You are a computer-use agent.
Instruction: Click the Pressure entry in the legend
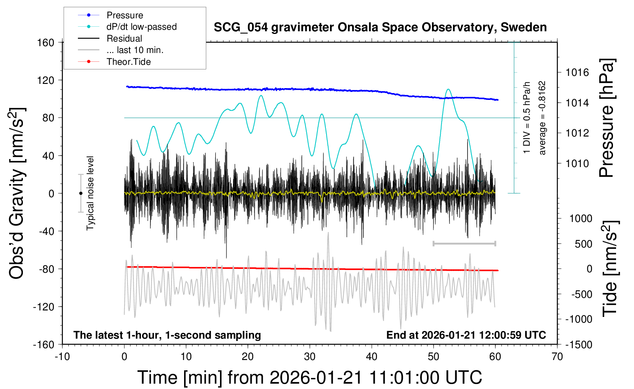coord(125,15)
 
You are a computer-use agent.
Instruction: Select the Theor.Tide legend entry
coord(128,62)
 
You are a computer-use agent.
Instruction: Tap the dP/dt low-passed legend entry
coord(141,27)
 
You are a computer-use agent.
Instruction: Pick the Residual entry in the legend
coord(124,39)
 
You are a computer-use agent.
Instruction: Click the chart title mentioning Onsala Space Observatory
coord(380,27)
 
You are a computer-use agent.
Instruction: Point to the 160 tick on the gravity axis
coord(46,42)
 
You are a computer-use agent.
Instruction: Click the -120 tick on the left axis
coord(44,307)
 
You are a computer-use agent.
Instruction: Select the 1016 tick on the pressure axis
coord(577,72)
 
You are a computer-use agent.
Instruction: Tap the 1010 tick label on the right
coord(577,163)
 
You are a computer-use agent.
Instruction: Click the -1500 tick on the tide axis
coord(579,344)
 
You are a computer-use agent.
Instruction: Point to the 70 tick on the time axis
coord(557,357)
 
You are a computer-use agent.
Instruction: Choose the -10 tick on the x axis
coord(62,357)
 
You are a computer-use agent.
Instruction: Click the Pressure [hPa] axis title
coord(607,118)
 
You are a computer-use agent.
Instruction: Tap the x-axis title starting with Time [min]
coord(309,378)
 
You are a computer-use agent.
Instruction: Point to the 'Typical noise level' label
coord(90,193)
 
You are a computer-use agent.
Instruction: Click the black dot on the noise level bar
coord(81,193)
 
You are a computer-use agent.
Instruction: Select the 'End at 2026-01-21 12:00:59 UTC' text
coord(466,335)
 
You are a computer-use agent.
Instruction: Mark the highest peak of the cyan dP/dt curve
coord(448,90)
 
